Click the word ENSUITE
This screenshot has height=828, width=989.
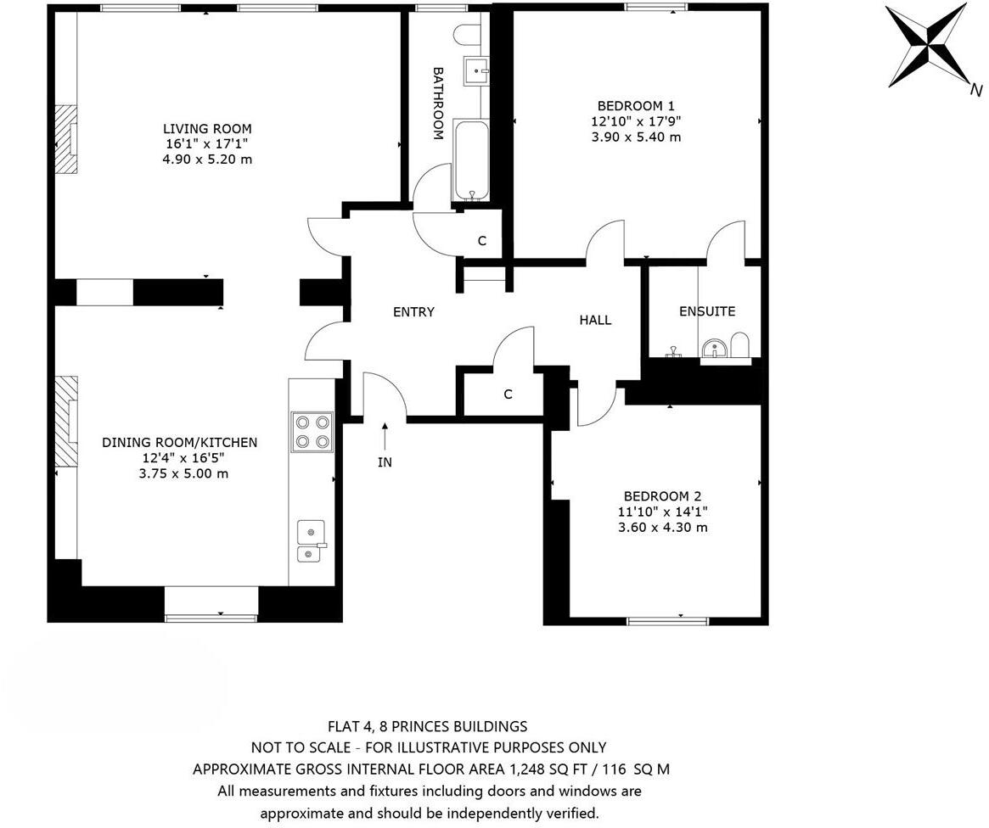coord(706,311)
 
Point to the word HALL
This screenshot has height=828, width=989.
coord(595,320)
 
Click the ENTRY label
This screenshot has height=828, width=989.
coord(413,312)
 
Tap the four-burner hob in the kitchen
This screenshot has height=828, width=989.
coord(312,431)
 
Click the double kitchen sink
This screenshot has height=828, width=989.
coord(311,541)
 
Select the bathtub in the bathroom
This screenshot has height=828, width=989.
coord(470,160)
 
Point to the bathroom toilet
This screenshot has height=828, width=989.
coord(467,34)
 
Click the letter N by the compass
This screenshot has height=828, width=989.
coord(976,89)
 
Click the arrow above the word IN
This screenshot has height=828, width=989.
coord(385,436)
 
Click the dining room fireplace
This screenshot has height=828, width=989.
coord(66,422)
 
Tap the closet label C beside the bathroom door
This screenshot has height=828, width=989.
coord(481,241)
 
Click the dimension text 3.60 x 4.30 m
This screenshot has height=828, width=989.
coord(662,527)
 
